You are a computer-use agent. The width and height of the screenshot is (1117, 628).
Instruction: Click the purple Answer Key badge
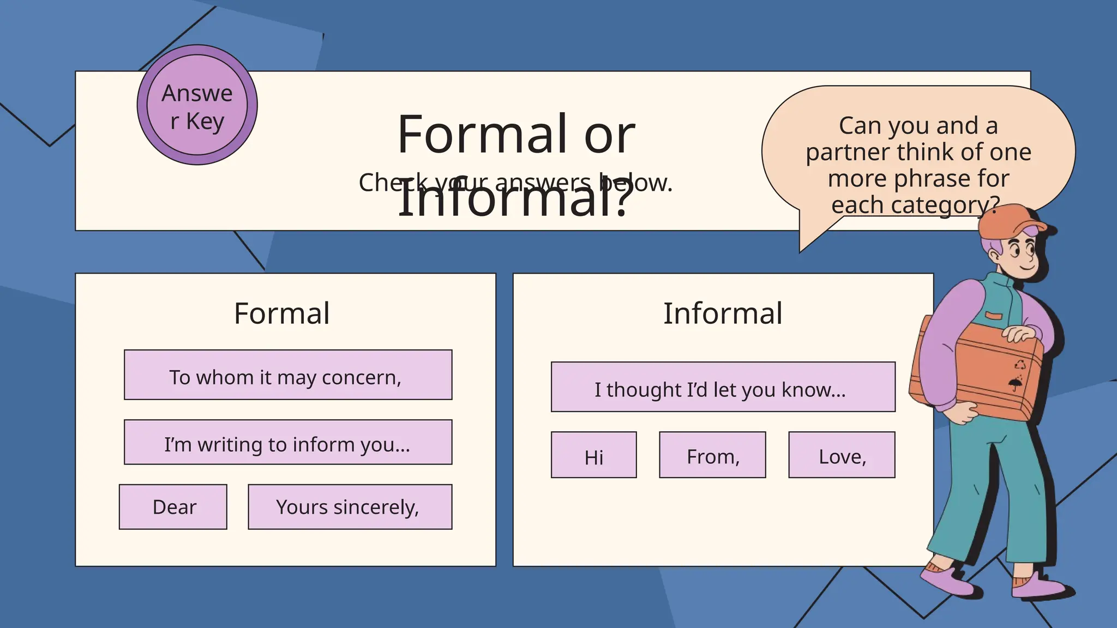coord(197,105)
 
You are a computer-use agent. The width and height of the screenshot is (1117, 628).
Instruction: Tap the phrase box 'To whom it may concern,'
coord(287,375)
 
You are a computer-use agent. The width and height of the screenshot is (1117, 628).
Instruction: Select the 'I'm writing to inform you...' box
coord(287,442)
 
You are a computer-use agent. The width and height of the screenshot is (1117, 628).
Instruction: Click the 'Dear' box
coord(173,507)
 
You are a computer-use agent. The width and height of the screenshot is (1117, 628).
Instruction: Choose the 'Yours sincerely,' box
coord(350,507)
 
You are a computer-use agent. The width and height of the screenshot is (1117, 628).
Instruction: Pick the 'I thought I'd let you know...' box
coord(723,387)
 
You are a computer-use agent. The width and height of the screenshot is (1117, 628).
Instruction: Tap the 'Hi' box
coord(593,455)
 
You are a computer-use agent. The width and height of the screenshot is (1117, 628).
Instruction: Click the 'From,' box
coord(712,455)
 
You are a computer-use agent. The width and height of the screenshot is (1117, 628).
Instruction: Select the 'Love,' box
coord(842,455)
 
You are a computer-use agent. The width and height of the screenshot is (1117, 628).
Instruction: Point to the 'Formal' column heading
coord(282,313)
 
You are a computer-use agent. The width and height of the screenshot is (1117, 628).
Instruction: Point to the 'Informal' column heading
coord(723,313)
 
